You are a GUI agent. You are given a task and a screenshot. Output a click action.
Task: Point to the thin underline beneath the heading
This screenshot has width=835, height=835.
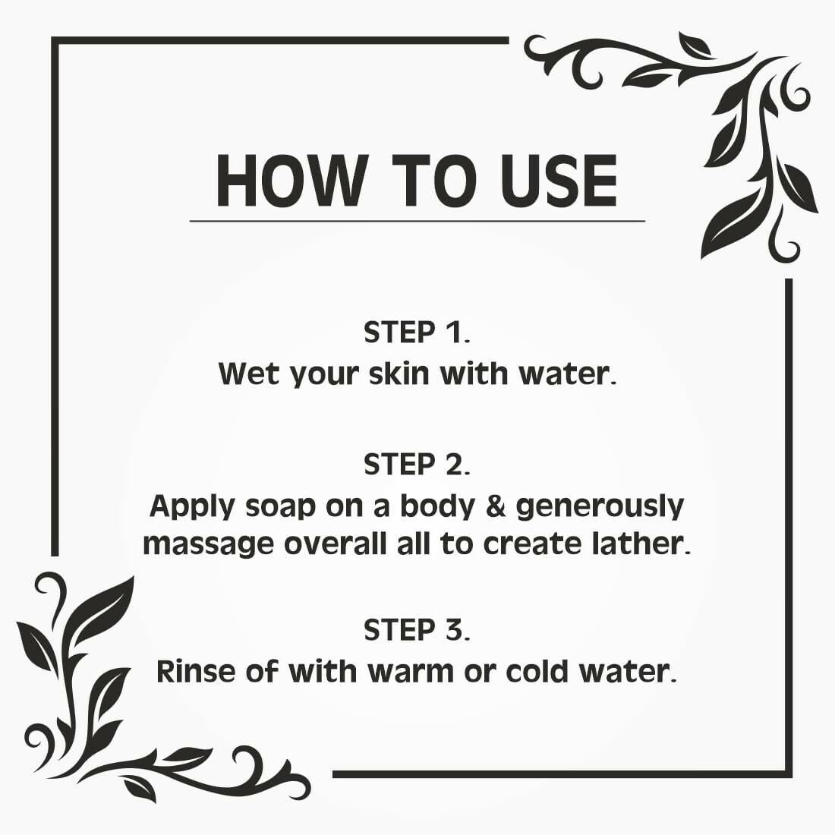click(417, 221)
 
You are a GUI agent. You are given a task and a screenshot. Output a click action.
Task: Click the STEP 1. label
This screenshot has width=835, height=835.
click(417, 332)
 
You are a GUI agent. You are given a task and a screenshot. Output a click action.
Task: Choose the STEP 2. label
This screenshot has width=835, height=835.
click(417, 465)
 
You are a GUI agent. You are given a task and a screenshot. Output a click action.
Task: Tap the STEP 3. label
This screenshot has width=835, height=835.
click(417, 630)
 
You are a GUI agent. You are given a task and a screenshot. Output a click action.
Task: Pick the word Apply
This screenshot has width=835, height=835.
click(193, 506)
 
